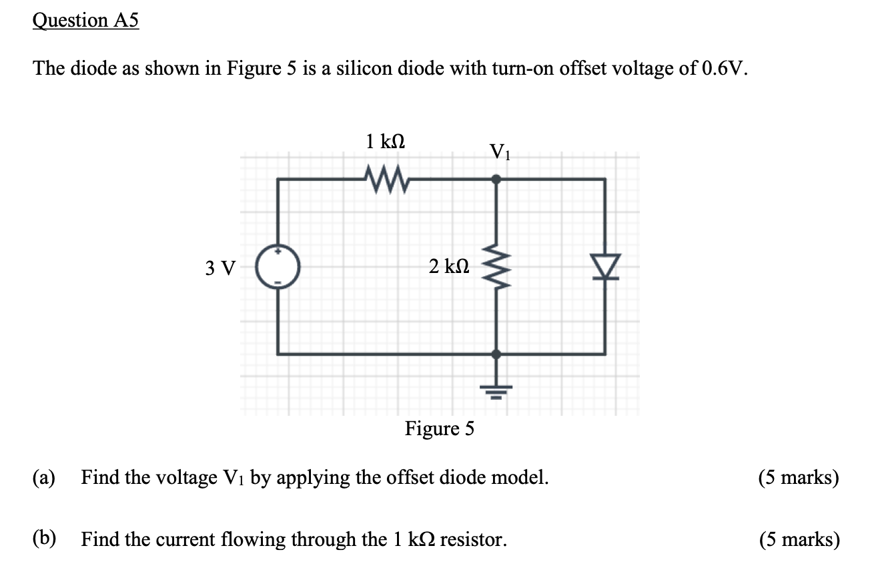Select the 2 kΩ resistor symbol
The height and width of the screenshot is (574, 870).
(x=496, y=268)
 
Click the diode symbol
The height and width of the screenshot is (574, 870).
(x=605, y=266)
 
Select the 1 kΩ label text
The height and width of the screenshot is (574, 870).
(x=386, y=141)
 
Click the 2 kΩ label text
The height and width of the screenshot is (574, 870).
(x=450, y=267)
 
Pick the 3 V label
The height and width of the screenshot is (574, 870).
(x=220, y=268)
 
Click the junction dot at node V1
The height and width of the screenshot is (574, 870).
(x=496, y=179)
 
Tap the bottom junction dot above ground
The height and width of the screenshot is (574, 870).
(x=496, y=354)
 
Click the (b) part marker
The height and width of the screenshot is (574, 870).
(x=45, y=538)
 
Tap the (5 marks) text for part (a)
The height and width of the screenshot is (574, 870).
(x=799, y=478)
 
